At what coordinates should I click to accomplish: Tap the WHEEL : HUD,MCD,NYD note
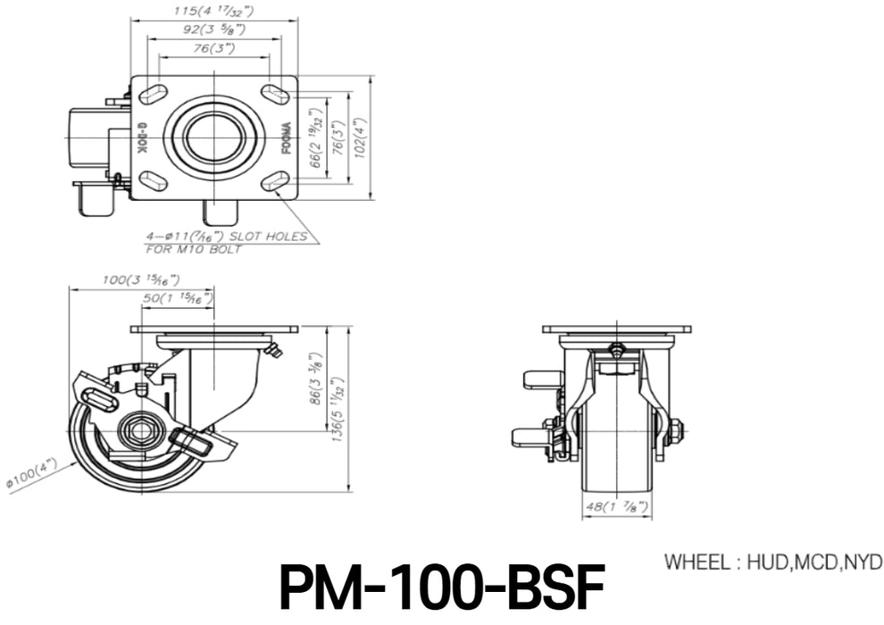(773, 562)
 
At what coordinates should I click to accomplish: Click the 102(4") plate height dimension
(360, 137)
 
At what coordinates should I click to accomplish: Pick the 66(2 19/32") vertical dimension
(314, 137)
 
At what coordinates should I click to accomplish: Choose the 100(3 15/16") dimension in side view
(140, 279)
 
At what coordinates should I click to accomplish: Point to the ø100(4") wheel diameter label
(32, 475)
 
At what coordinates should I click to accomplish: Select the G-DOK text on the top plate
(142, 137)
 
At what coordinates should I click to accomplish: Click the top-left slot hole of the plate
(153, 94)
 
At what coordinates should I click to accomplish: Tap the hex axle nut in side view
(141, 432)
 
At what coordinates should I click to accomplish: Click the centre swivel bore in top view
(214, 137)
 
